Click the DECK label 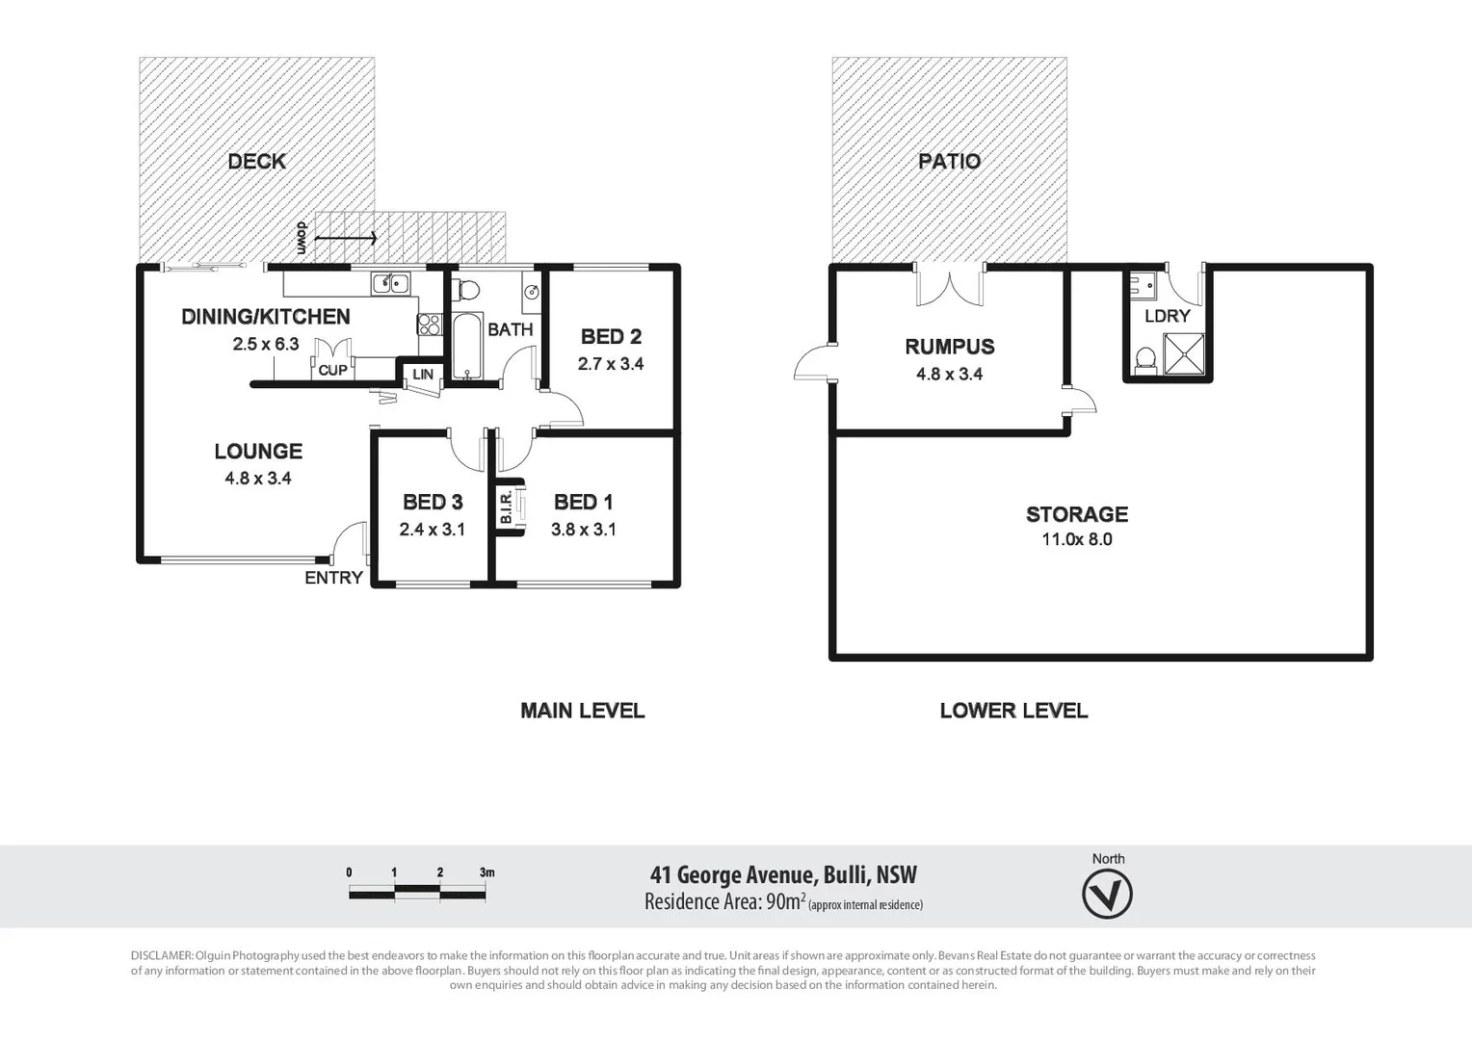coord(256,162)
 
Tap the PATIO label coord(949,162)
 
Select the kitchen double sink coord(391,283)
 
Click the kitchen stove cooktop coord(429,325)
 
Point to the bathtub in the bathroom coord(467,346)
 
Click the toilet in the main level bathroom coord(467,289)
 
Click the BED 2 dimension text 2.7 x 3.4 coord(610,364)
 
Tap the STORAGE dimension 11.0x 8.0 coord(1076,539)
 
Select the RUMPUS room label coord(949,347)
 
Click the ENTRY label coord(333,578)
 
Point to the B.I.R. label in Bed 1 coord(506,507)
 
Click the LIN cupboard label coord(423,375)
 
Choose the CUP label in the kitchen coord(332,370)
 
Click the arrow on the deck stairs coord(346,237)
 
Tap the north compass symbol coord(1107,895)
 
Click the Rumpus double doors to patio coord(950,287)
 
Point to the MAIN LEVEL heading coord(582,711)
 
